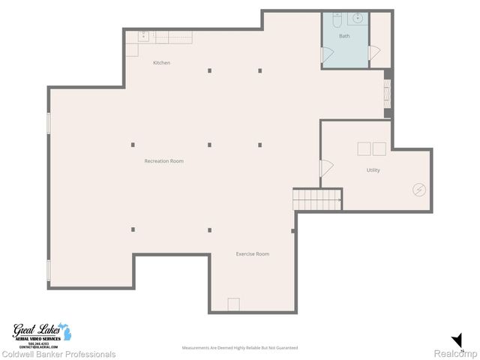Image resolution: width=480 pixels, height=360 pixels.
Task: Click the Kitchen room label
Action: pos(161,63)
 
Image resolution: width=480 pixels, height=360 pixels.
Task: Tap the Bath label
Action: pos(344,36)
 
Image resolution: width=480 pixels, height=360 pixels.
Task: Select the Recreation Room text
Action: pos(164,161)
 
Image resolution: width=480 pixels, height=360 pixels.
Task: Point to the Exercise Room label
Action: pos(253,254)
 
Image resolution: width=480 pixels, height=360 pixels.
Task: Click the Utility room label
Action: pos(373,170)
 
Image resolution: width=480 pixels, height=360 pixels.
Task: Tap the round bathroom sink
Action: pos(358,18)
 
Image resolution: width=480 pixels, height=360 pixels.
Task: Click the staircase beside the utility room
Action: pos(306,199)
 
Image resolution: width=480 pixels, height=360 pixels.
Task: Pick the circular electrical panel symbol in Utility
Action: pos(418,190)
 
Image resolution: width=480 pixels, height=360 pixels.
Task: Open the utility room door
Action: pos(325,168)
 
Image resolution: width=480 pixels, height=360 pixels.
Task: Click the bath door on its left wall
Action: pos(327,55)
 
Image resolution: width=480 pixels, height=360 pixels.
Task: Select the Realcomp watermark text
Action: pos(456,353)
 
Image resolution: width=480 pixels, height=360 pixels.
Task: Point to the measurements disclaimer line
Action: pos(240,348)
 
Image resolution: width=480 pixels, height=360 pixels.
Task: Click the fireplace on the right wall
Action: pos(387,94)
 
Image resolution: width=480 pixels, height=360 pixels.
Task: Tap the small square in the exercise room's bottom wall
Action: pos(233,304)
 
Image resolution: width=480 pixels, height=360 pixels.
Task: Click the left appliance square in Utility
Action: pos(364,148)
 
